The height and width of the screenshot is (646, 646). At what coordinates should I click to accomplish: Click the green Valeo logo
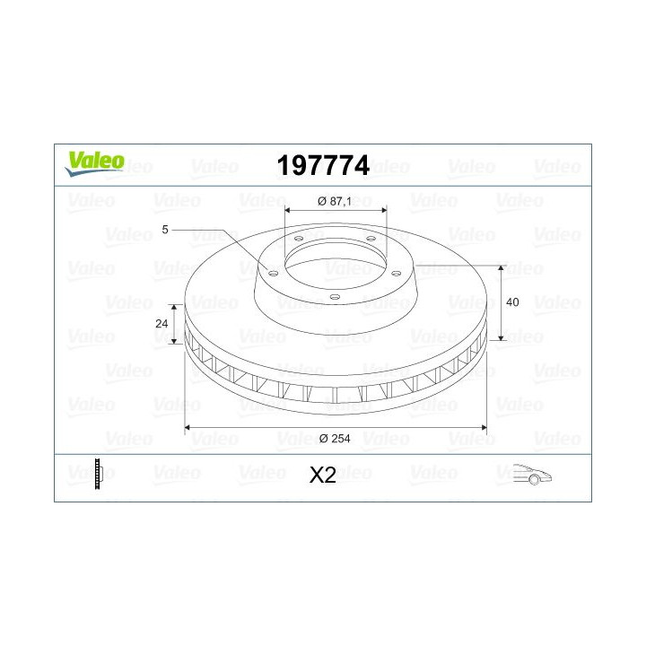tap(94, 163)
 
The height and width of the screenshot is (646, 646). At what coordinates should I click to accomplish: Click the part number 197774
tap(323, 166)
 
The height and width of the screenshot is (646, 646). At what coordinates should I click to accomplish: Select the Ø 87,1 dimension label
tap(335, 202)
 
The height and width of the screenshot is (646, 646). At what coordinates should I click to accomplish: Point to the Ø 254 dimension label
tap(335, 439)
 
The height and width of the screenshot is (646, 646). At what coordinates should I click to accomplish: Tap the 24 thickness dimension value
tap(161, 323)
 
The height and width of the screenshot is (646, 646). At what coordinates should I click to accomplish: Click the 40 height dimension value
tap(512, 302)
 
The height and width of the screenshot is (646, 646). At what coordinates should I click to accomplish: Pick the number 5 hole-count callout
tap(165, 230)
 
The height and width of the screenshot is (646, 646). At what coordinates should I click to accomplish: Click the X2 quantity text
tap(323, 475)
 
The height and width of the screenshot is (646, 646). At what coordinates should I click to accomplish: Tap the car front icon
tap(533, 475)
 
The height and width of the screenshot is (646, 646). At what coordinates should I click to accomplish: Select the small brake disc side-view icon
tap(99, 474)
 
